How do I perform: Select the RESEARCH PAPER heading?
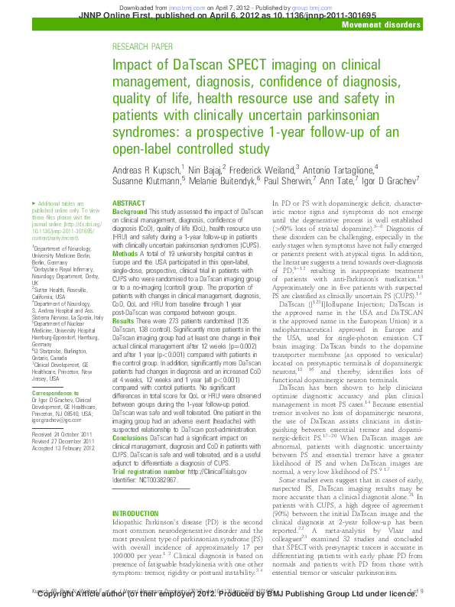point(142,47)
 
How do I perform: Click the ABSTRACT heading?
point(128,203)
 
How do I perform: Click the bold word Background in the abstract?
point(130,210)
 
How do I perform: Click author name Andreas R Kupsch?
point(145,169)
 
